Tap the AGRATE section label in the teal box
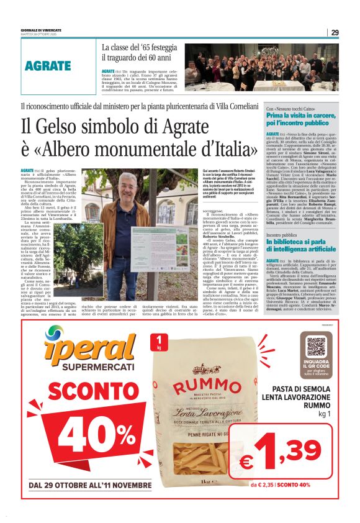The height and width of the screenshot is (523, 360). [48, 66]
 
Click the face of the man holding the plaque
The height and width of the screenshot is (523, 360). [127, 186]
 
